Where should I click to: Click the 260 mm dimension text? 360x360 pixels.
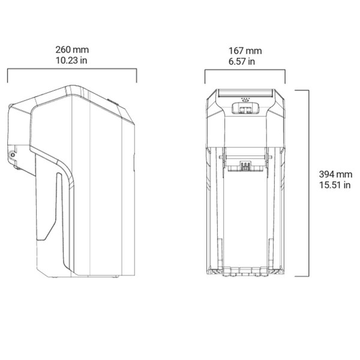(x=71, y=49)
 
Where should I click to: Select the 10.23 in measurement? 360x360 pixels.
(x=71, y=60)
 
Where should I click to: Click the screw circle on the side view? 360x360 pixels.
(x=13, y=154)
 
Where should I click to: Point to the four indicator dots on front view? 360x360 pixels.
(x=244, y=98)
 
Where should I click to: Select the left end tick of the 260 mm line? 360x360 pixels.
(x=7, y=76)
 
